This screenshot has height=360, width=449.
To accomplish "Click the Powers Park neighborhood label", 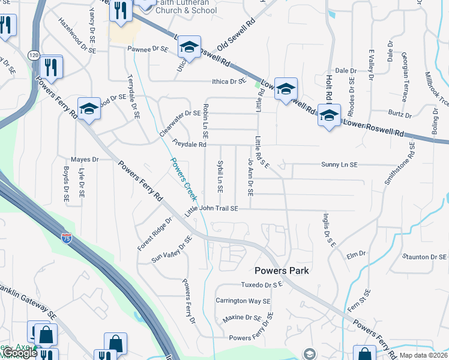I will click(282, 271).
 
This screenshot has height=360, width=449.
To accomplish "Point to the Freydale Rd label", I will click(189, 145).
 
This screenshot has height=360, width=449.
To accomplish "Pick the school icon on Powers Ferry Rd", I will click(89, 109).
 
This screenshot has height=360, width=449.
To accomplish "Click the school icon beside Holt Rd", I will click(329, 115).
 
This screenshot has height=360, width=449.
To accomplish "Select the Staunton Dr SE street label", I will click(424, 257).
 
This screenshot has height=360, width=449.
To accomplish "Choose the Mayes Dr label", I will click(84, 160).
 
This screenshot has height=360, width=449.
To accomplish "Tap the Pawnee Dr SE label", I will click(147, 49).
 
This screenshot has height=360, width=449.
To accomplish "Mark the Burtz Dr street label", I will click(400, 113).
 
